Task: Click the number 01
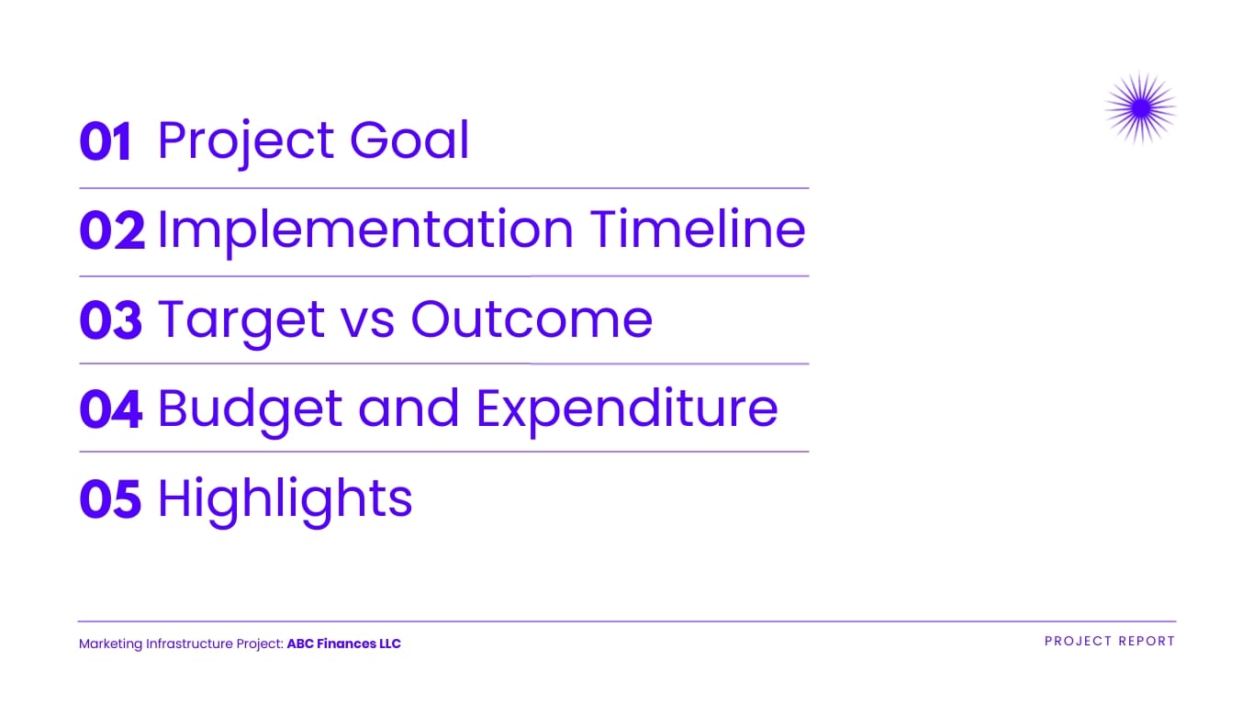(x=106, y=143)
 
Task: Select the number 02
(x=112, y=231)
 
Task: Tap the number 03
(x=111, y=320)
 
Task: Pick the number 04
(x=111, y=409)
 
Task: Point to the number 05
(x=111, y=499)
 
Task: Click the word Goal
(x=409, y=141)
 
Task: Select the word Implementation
(x=364, y=229)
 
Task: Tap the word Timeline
(x=698, y=229)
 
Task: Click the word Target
(x=241, y=320)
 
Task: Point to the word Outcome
(x=532, y=319)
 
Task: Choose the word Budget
(x=249, y=409)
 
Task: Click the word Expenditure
(x=627, y=409)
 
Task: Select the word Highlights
(x=286, y=499)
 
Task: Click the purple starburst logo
(x=1140, y=108)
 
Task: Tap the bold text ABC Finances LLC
(x=344, y=643)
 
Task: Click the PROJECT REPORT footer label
(x=1110, y=642)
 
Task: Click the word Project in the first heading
(x=246, y=141)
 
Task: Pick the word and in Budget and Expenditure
(x=409, y=409)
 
